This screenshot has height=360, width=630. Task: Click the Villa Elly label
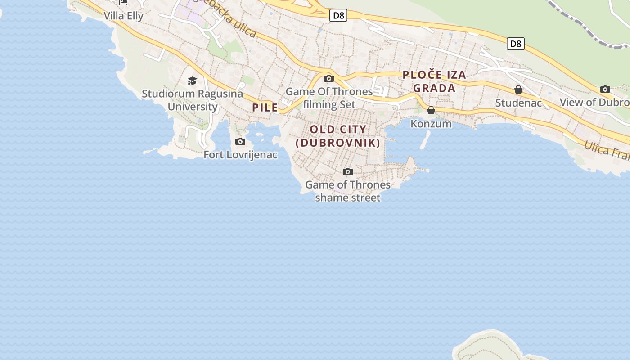tap(123, 16)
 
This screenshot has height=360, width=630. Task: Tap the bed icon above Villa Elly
tap(123, 3)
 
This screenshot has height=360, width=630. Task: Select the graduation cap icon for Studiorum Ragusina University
tap(193, 81)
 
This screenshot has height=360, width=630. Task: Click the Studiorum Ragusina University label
tap(193, 100)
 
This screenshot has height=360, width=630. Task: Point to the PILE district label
tap(265, 108)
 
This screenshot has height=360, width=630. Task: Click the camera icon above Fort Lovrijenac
tap(240, 142)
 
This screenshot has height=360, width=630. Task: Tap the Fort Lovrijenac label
tap(240, 155)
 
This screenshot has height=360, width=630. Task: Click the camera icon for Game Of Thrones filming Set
tap(329, 79)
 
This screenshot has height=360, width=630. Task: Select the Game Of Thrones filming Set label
tap(329, 98)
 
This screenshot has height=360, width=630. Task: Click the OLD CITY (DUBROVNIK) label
tap(338, 136)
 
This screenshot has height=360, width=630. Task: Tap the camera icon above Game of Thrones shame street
tap(348, 171)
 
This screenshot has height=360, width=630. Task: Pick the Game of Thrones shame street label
tap(348, 191)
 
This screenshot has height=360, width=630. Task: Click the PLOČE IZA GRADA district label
tap(434, 81)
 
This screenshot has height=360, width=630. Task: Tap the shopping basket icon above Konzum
tap(431, 110)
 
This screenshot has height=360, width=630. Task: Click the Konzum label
tap(431, 124)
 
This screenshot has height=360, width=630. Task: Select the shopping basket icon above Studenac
tap(518, 90)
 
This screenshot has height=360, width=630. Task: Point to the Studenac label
tap(518, 103)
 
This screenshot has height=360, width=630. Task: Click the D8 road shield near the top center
tap(338, 16)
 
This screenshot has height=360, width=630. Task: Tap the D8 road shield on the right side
tap(516, 44)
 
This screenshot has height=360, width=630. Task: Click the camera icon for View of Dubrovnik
tap(605, 89)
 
